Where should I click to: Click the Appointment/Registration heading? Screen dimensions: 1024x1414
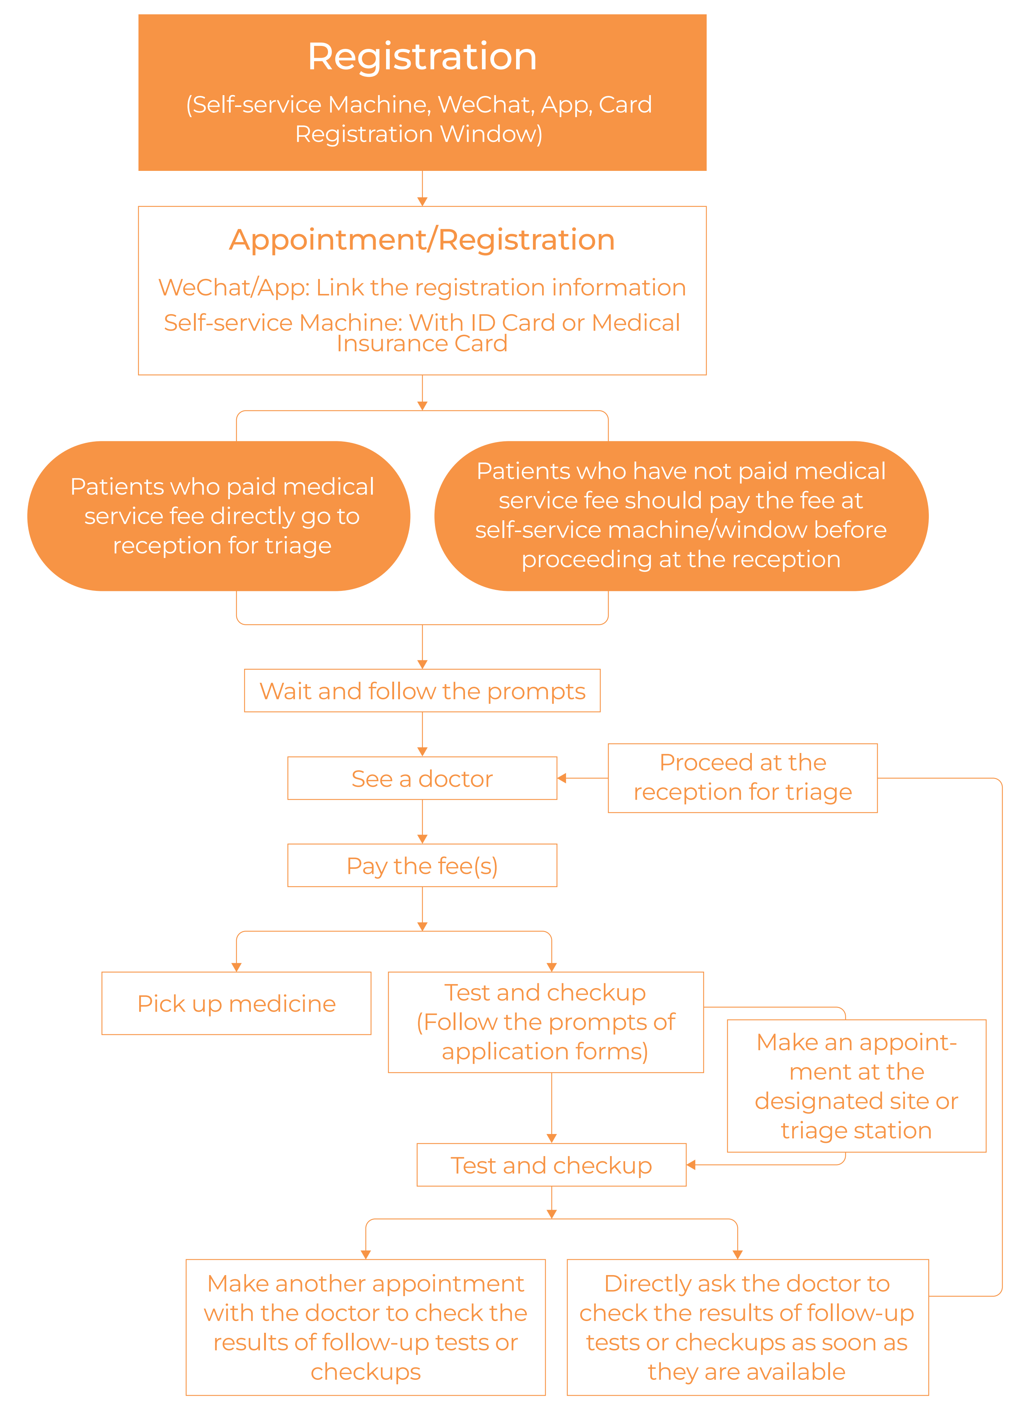tap(422, 240)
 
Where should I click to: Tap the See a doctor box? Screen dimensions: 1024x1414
tap(422, 778)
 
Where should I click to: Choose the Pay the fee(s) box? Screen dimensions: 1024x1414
tap(422, 865)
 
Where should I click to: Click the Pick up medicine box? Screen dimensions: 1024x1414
tap(236, 1003)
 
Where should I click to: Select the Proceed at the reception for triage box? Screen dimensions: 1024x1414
tap(742, 778)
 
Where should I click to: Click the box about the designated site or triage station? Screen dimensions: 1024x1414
tap(857, 1085)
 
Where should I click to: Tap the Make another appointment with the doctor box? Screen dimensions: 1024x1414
tap(366, 1327)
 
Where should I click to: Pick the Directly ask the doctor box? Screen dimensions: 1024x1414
tap(747, 1327)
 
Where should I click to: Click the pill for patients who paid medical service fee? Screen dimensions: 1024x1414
tap(219, 516)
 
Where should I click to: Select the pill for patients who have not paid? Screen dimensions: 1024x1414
tap(681, 516)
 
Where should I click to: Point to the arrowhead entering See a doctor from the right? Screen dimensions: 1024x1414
tap(562, 778)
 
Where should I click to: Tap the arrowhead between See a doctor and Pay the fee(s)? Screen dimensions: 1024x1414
tap(422, 839)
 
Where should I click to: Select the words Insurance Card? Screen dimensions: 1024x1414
tap(422, 344)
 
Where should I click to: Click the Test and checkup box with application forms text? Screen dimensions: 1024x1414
tap(546, 1022)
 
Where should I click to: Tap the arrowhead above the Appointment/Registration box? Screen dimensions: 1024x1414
tap(422, 201)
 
